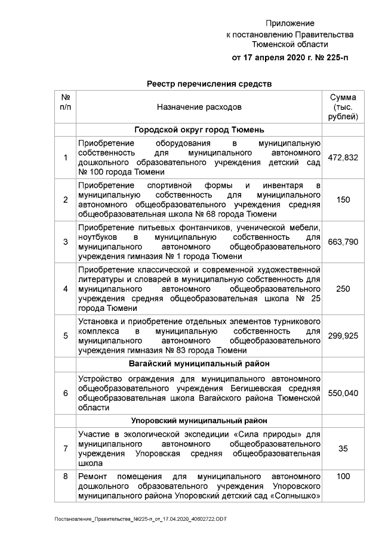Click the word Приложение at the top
pos(289,23)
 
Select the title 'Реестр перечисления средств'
pos(209,84)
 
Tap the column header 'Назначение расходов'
pos(199,107)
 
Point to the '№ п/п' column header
pos(65,102)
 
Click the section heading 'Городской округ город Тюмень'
pos(199,129)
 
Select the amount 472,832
pos(343,158)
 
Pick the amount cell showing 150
pos(343,199)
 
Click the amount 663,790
pos(343,242)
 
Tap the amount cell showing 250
pos(343,289)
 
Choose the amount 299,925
pos(343,336)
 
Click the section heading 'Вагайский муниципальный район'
pos(199,363)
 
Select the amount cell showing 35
pos(343,449)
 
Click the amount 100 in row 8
pos(343,477)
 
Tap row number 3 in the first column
pos(65,242)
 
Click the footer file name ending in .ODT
pos(141,520)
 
